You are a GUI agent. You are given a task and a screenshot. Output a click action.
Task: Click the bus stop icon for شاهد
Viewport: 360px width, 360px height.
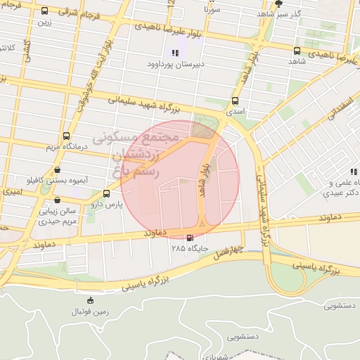coord(297,51)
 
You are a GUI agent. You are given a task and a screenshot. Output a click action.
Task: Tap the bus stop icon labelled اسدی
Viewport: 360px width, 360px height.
coord(234,100)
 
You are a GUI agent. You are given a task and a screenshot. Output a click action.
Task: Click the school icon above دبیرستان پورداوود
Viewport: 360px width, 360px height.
coord(175,53)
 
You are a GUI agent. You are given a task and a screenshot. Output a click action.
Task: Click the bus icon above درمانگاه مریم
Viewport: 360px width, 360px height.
coord(66,136)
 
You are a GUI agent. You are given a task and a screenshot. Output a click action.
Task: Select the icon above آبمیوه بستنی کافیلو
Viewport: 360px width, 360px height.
coord(56,169)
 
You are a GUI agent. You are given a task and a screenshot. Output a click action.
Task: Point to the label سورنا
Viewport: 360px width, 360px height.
coord(212,11)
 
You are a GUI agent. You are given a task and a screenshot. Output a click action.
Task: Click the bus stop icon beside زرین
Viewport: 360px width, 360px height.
coord(45,11)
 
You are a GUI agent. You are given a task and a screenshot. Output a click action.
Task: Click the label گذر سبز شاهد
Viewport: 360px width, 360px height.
coord(278,13)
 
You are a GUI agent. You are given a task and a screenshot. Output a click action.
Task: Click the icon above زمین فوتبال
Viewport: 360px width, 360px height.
coord(89,300)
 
